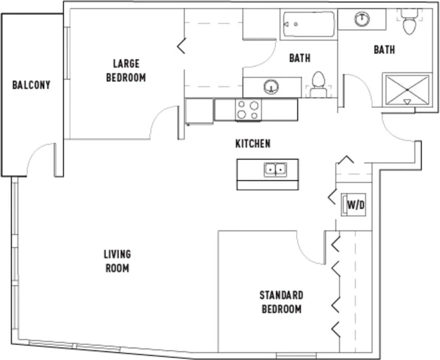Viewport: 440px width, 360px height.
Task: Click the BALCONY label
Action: [31, 85]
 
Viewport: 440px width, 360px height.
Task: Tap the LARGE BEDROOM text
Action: [126, 71]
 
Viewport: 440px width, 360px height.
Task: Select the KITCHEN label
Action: [253, 144]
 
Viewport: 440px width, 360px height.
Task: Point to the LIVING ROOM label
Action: [118, 261]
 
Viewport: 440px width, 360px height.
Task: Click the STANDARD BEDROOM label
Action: [281, 302]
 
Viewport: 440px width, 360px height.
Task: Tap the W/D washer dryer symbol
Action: [353, 205]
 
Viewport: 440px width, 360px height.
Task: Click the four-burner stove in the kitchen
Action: [248, 110]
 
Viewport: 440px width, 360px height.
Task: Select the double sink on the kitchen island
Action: [275, 170]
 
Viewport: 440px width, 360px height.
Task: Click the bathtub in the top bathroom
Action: [309, 24]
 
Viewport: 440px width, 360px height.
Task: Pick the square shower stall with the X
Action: [407, 90]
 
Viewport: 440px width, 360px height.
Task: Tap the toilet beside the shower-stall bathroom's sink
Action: [409, 21]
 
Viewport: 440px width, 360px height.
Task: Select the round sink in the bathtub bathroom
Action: [271, 86]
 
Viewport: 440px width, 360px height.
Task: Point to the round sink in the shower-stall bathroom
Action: [362, 19]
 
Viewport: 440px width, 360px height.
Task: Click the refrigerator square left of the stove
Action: [200, 111]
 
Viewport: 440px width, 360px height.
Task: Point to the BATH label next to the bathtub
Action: [300, 58]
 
